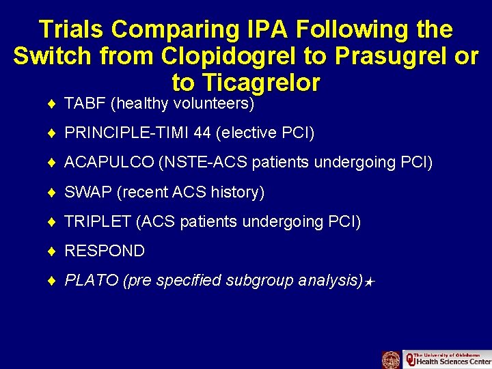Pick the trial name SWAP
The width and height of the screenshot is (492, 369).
[x=88, y=193]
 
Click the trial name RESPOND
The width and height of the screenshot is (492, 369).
[x=105, y=251]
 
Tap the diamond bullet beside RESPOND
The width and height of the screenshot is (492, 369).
[x=53, y=251]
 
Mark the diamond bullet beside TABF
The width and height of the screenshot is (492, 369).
[x=53, y=104]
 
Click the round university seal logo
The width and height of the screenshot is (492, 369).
[x=391, y=359]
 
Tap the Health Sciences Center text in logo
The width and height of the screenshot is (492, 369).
[x=452, y=361]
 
